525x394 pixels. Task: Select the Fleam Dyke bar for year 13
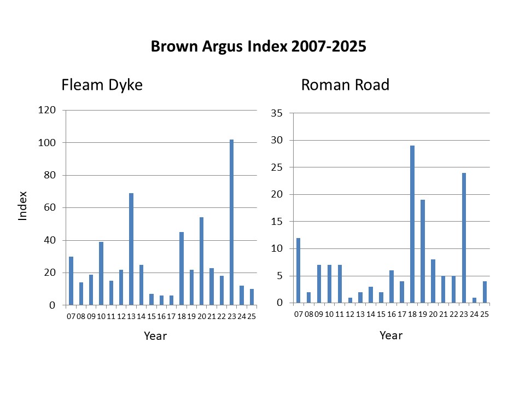click(x=131, y=249)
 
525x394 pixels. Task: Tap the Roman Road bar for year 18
click(x=412, y=224)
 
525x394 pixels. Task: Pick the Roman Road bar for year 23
click(x=463, y=238)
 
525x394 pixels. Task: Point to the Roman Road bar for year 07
click(x=298, y=270)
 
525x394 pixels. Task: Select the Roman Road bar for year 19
click(x=422, y=251)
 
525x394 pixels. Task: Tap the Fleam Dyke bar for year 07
click(x=71, y=281)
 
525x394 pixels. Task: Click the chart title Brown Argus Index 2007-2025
click(x=258, y=47)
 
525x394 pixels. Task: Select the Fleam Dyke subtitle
click(x=102, y=85)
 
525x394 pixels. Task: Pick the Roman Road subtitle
click(x=345, y=85)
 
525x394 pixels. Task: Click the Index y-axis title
click(x=23, y=205)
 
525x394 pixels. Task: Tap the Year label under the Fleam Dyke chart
click(x=155, y=335)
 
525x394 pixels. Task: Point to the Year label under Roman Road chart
click(x=391, y=335)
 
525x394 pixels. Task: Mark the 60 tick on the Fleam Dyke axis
click(x=50, y=207)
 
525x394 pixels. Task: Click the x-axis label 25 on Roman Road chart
click(x=484, y=314)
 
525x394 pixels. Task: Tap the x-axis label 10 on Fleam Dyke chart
click(x=101, y=316)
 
